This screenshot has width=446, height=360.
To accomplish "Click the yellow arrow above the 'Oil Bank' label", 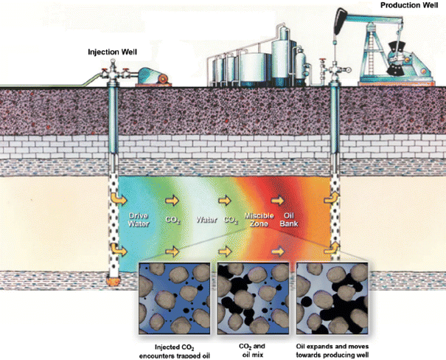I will click(278, 200).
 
